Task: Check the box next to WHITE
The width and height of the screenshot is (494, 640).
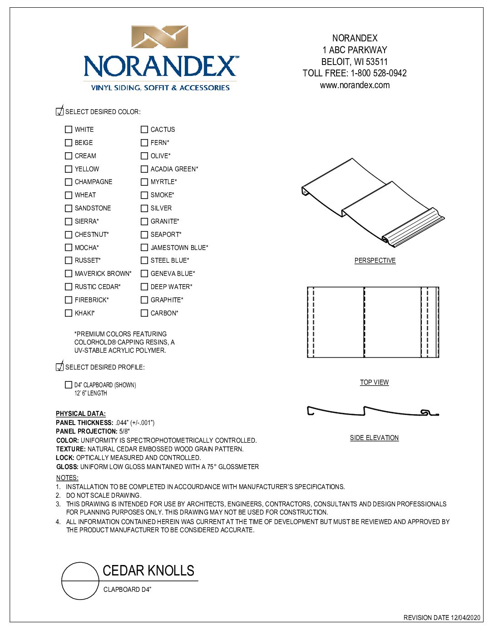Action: [x=69, y=130]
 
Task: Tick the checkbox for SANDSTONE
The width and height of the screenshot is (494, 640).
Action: [x=69, y=208]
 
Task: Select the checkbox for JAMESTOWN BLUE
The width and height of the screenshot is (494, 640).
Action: [x=144, y=248]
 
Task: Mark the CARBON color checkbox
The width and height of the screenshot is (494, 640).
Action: [x=144, y=313]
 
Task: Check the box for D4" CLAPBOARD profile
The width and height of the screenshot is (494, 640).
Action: [x=69, y=385]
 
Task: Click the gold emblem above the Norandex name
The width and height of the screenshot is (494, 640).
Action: [x=160, y=37]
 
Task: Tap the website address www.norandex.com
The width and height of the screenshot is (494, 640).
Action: [x=355, y=85]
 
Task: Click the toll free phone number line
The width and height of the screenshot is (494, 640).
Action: [x=355, y=73]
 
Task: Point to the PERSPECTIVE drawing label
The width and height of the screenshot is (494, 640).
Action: [x=375, y=260]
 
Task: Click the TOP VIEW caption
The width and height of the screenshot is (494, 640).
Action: [x=374, y=382]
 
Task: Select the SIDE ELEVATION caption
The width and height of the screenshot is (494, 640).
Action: [x=374, y=438]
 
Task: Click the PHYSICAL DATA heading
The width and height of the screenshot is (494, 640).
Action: [x=81, y=414]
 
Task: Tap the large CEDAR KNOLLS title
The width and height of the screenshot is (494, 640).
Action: [x=148, y=570]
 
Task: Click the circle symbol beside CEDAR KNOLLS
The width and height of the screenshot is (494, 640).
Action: [x=80, y=581]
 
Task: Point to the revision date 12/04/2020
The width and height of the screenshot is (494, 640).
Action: [x=441, y=618]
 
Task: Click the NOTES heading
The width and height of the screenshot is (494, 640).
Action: [x=67, y=478]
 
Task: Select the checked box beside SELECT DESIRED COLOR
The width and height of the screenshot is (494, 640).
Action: [x=59, y=111]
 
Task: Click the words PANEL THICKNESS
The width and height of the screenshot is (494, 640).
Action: [x=84, y=423]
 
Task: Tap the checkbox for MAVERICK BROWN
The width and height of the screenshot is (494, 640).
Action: [x=69, y=274]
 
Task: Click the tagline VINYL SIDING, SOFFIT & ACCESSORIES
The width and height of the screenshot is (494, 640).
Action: [x=160, y=88]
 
